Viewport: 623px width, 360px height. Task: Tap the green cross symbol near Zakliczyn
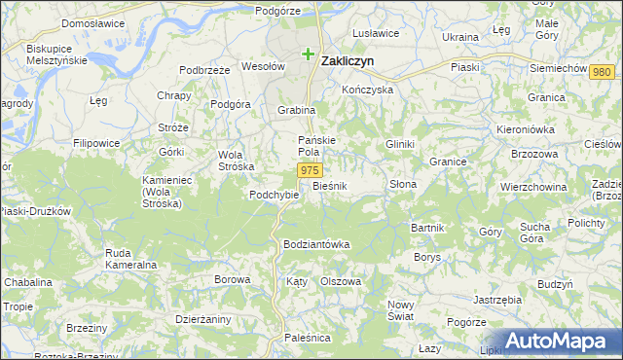click(x=309, y=54)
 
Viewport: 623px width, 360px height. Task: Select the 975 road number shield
click(x=309, y=170)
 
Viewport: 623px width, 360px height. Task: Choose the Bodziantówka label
click(x=315, y=243)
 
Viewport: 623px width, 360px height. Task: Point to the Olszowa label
click(x=341, y=281)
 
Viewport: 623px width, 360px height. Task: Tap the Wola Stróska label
click(x=230, y=160)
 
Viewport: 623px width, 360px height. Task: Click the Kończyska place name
click(x=367, y=90)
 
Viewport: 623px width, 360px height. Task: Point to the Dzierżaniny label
click(x=202, y=317)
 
